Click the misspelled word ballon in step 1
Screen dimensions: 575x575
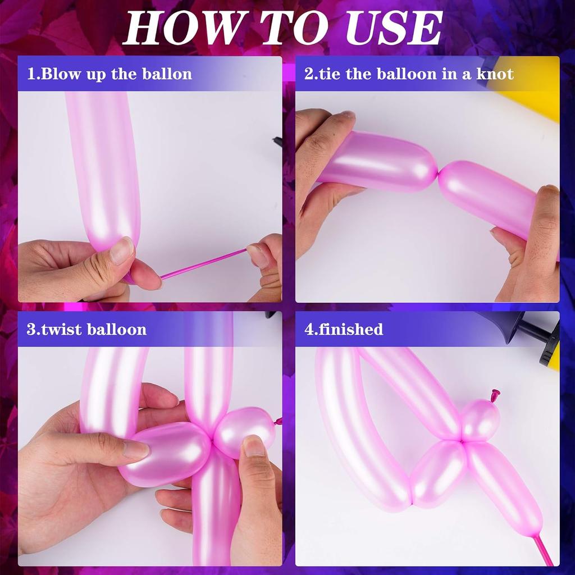(168, 74)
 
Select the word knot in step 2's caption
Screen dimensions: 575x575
(495, 74)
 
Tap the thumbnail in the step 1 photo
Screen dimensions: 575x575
(122, 250)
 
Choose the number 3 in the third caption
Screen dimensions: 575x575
(30, 329)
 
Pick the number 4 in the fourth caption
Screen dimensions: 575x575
(308, 329)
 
